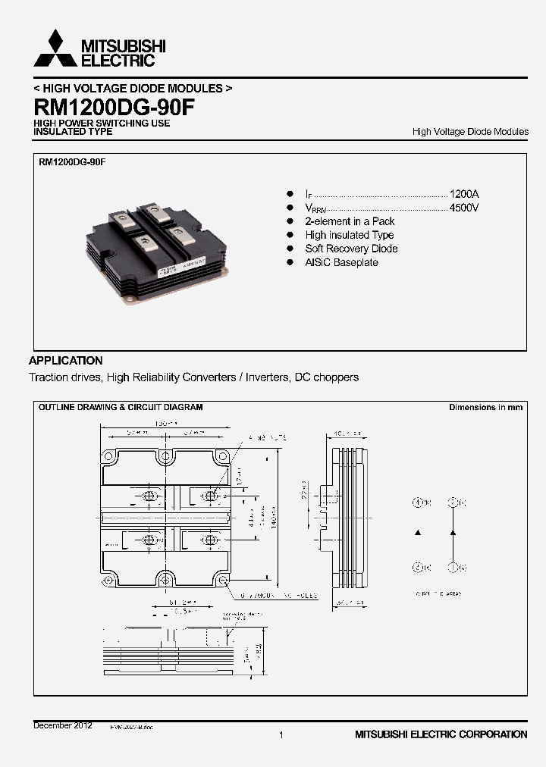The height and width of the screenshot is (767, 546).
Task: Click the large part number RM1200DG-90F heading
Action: (x=114, y=106)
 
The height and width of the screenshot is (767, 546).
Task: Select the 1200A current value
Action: (x=464, y=194)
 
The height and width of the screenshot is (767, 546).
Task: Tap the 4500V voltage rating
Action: (x=464, y=208)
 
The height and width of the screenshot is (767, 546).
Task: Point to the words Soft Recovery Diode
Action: (x=351, y=249)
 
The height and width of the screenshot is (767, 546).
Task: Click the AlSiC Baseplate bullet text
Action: (x=341, y=262)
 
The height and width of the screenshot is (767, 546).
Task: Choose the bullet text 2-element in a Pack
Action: (x=350, y=221)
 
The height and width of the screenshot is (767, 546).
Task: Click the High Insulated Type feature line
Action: (x=349, y=235)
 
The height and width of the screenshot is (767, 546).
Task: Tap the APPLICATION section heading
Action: (x=66, y=361)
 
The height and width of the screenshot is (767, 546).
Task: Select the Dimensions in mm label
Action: (x=485, y=408)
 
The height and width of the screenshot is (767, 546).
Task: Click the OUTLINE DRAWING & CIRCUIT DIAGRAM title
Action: (x=121, y=408)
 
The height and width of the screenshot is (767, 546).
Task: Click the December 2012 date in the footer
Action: (x=63, y=725)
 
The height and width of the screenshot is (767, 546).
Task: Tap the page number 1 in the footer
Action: (x=281, y=734)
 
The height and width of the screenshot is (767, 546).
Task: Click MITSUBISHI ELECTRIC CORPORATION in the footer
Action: (x=441, y=734)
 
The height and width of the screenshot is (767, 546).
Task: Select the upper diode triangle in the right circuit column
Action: (x=453, y=534)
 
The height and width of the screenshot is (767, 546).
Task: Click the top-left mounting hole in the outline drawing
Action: (x=109, y=457)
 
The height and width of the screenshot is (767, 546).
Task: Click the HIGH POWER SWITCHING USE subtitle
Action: (x=102, y=123)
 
